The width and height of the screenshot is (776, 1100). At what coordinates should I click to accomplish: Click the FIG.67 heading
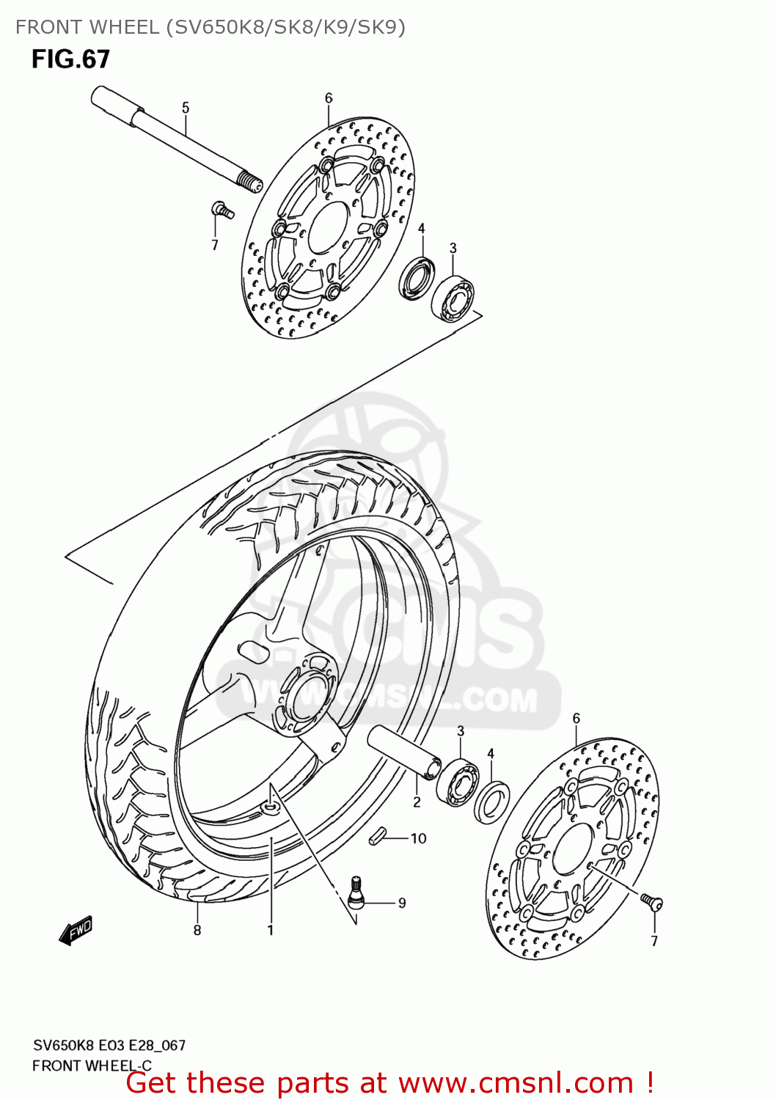tap(70, 59)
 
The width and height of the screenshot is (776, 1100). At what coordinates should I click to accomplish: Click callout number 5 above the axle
tap(186, 108)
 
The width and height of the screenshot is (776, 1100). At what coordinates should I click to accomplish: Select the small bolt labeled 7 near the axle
tap(222, 210)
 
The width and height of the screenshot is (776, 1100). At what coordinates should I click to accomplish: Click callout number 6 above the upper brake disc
tap(329, 98)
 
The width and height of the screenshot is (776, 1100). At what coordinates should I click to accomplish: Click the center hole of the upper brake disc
tap(328, 228)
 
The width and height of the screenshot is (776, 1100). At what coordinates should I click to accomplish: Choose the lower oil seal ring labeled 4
tap(491, 802)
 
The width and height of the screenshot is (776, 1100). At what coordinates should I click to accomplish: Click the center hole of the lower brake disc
tap(574, 849)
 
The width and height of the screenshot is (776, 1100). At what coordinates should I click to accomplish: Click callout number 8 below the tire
tap(197, 930)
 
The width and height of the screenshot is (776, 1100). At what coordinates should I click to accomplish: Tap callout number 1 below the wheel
tap(271, 930)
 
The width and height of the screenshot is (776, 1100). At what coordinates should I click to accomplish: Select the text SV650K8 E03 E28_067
tap(109, 1045)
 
